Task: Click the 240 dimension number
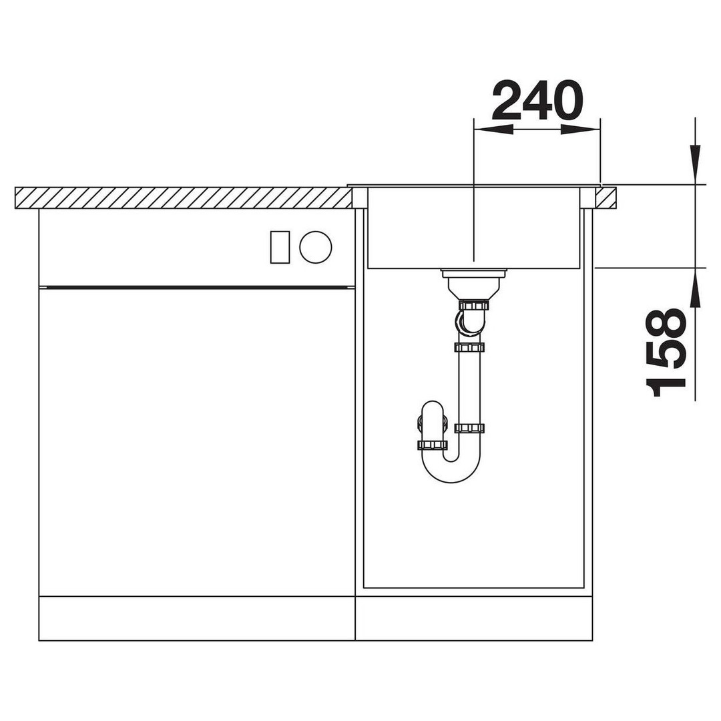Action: (537, 99)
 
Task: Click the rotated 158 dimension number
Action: (666, 352)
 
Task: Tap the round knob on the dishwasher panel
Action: (315, 247)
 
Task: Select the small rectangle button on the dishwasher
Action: (280, 247)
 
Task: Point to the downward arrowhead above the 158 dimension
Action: (695, 164)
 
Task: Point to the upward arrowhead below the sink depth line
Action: (695, 287)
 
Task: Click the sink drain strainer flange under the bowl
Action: (473, 273)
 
